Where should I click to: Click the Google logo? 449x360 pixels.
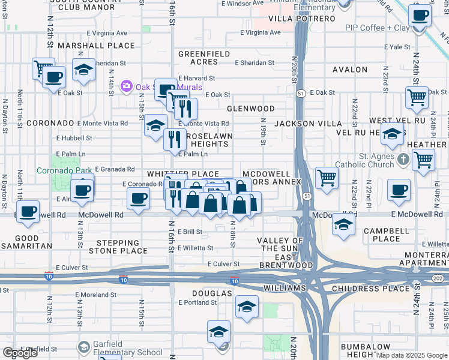pos(19,353)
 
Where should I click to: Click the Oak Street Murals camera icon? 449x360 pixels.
pos(126,86)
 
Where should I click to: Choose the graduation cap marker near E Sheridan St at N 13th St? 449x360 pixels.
pos(83,69)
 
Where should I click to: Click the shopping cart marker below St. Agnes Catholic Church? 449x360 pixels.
pos(423,160)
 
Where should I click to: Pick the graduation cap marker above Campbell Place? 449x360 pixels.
pos(343,224)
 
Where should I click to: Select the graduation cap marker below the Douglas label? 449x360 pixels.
pos(246,307)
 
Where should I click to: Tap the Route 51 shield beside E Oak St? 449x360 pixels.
pos(301,93)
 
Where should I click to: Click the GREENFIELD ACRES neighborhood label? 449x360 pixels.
pos(204,58)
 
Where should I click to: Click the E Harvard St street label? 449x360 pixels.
pos(196,79)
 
